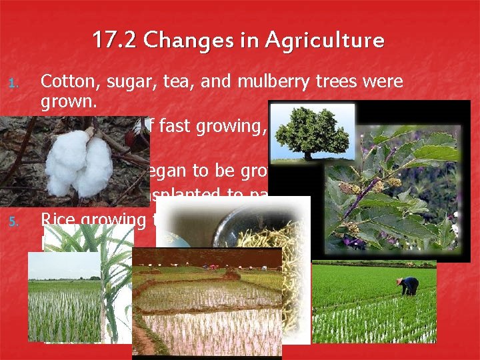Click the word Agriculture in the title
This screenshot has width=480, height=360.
324,41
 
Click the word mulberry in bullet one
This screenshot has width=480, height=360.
265,82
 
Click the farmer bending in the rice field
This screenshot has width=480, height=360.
408,285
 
